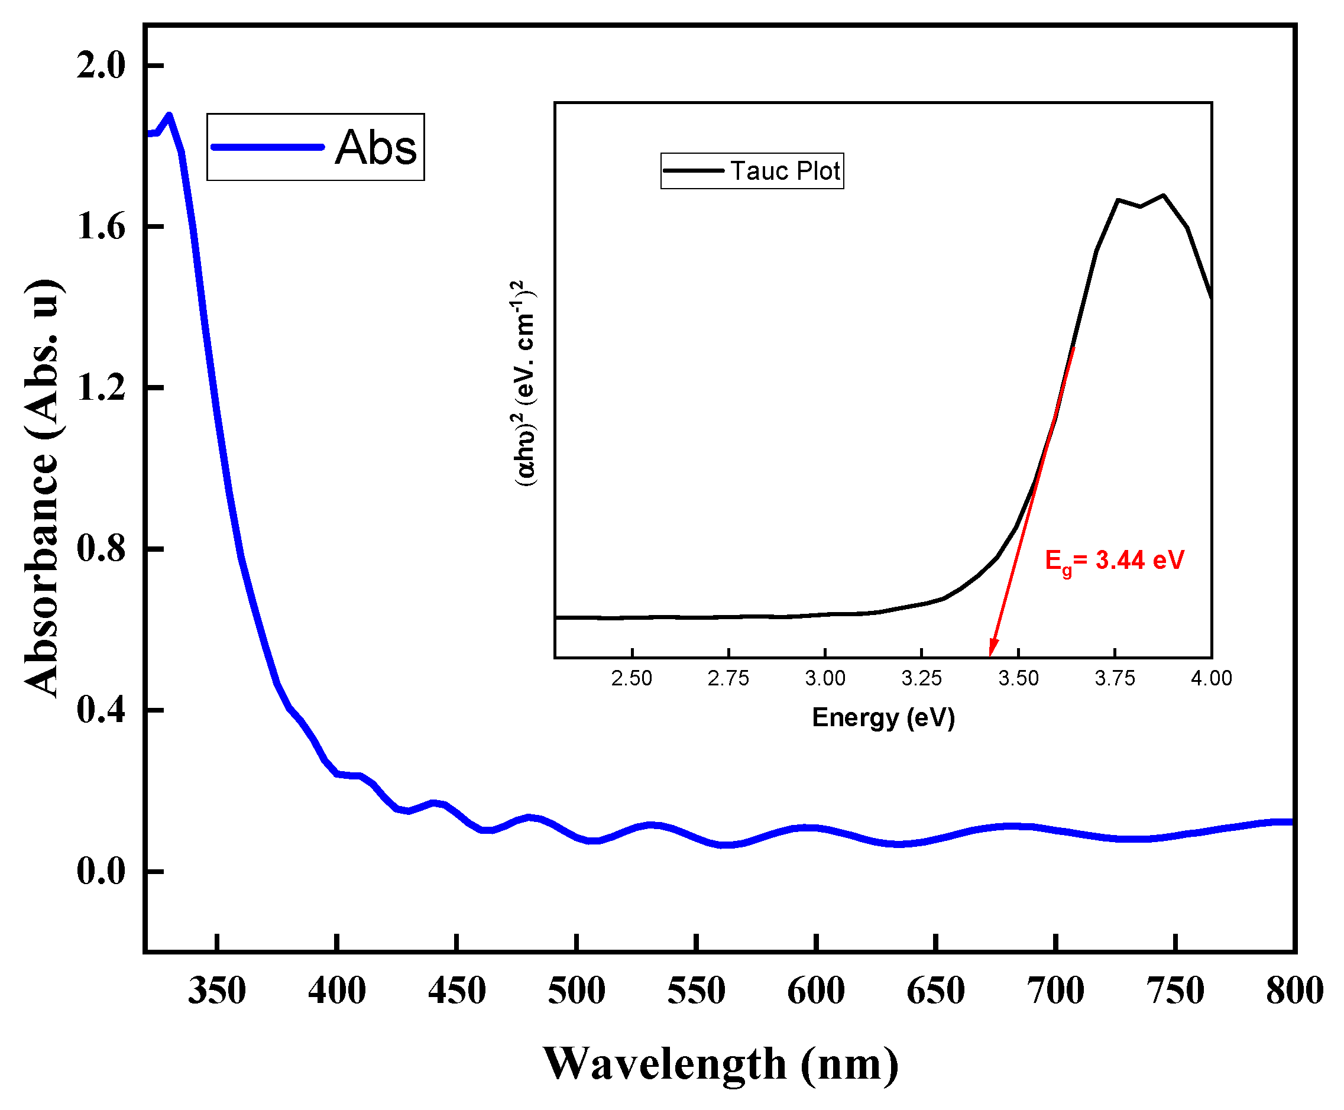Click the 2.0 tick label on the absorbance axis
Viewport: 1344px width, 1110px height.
coord(101,65)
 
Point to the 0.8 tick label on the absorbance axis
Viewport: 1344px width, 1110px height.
coord(101,549)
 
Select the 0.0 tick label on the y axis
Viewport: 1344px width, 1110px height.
coord(101,871)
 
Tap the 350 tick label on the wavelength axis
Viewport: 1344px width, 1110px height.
coord(217,991)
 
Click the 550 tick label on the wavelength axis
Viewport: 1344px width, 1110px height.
coord(696,991)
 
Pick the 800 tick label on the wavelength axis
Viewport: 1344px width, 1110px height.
coord(1294,991)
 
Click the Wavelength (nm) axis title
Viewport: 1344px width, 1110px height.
coord(721,1064)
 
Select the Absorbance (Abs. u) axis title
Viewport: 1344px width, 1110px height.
coord(44,489)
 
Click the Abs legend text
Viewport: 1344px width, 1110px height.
coord(375,148)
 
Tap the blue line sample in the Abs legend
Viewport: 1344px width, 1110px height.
coord(267,147)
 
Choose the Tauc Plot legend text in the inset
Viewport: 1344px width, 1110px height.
coord(785,171)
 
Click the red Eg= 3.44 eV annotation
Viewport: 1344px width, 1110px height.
coord(1114,560)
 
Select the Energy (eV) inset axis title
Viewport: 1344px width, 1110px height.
coord(883,717)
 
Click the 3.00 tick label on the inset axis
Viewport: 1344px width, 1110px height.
coord(825,678)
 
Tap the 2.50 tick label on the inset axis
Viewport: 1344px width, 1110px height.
coord(631,678)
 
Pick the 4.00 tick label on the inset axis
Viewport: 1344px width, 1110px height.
coord(1210,678)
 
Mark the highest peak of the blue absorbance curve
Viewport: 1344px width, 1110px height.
coord(169,115)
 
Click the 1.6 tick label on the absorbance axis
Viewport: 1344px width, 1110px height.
coord(101,226)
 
